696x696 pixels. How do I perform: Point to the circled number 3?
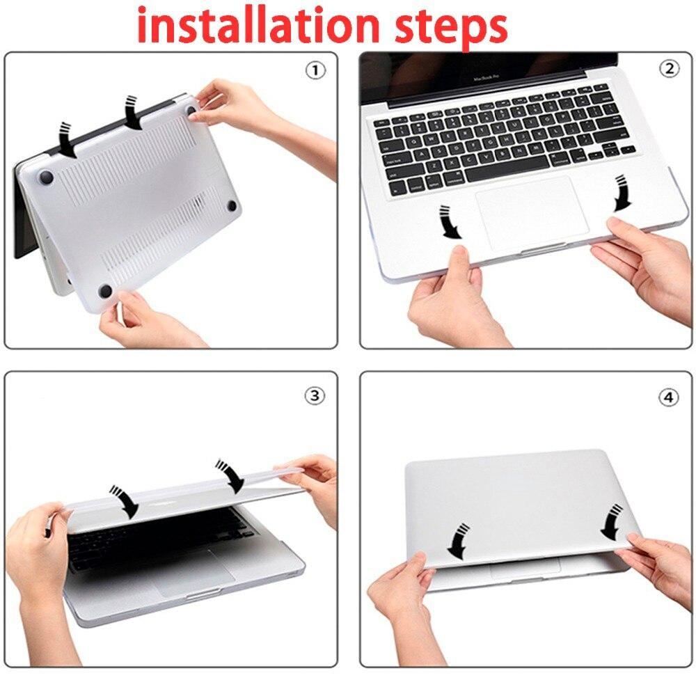pyautogui.click(x=315, y=395)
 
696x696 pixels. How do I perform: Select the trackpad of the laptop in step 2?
pyautogui.click(x=532, y=213)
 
